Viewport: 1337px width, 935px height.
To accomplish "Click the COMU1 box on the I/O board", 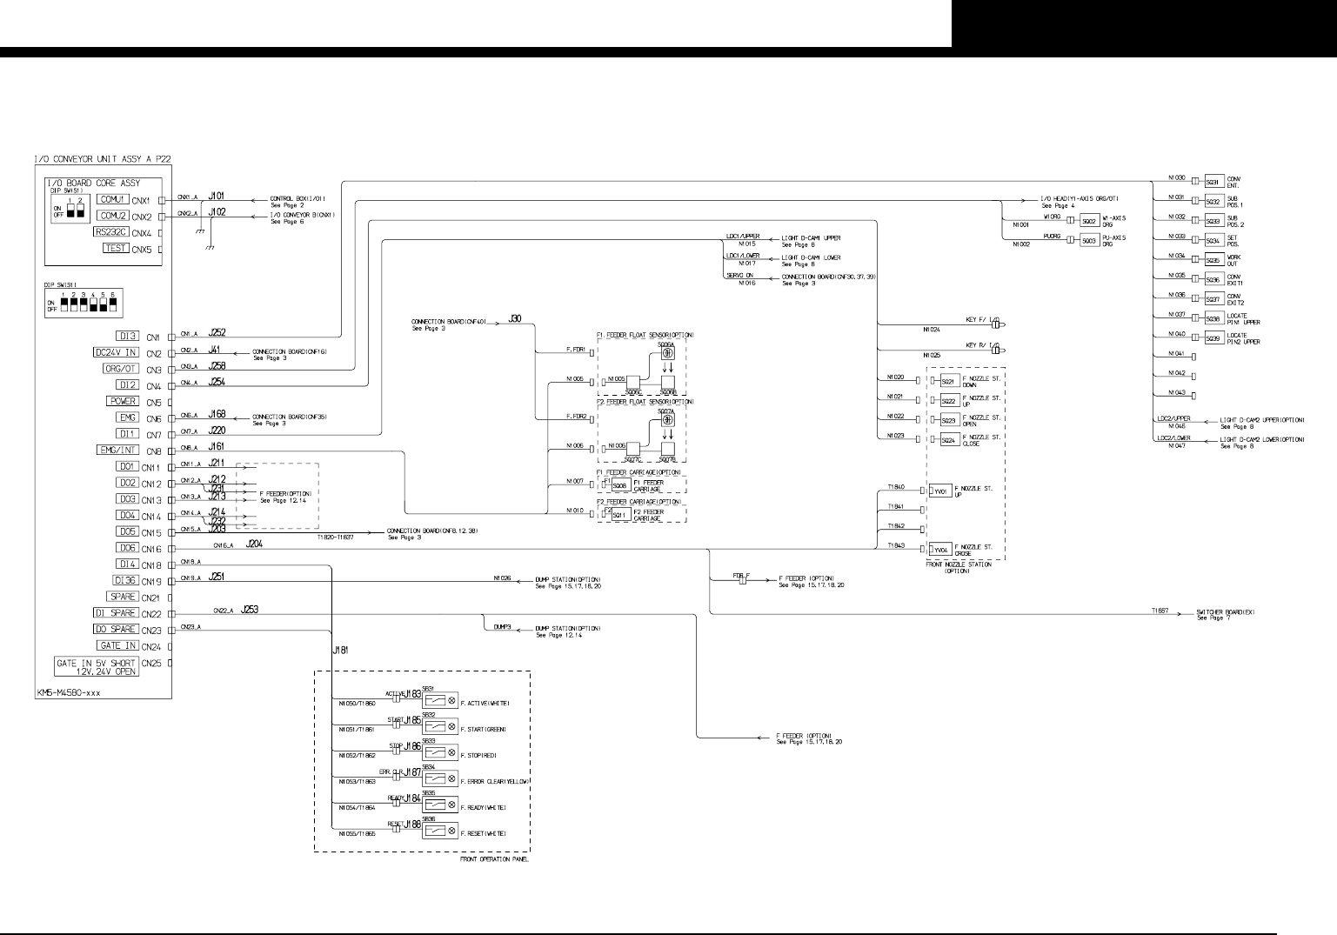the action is click(x=114, y=199).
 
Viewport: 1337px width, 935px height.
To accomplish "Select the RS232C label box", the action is click(x=112, y=232).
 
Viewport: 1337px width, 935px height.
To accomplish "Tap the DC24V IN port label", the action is click(x=115, y=352).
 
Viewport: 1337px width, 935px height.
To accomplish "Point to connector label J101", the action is click(x=217, y=196).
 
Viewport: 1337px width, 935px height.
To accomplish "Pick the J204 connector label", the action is click(x=254, y=544).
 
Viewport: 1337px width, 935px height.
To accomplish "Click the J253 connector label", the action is click(x=249, y=610).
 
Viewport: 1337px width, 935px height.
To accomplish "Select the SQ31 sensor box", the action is click(x=1212, y=182).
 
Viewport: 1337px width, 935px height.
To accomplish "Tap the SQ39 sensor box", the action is click(x=1212, y=338).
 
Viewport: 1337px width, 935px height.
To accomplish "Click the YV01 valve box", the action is click(x=940, y=491).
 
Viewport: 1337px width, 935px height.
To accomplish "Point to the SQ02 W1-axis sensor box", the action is click(x=1088, y=221).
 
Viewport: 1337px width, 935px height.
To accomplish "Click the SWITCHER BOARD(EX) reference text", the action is click(x=1226, y=612).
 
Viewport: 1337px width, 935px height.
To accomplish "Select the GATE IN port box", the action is click(x=117, y=645).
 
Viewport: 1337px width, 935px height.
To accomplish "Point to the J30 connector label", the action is click(x=515, y=320).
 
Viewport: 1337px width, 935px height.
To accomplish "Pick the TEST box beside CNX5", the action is click(x=116, y=248).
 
